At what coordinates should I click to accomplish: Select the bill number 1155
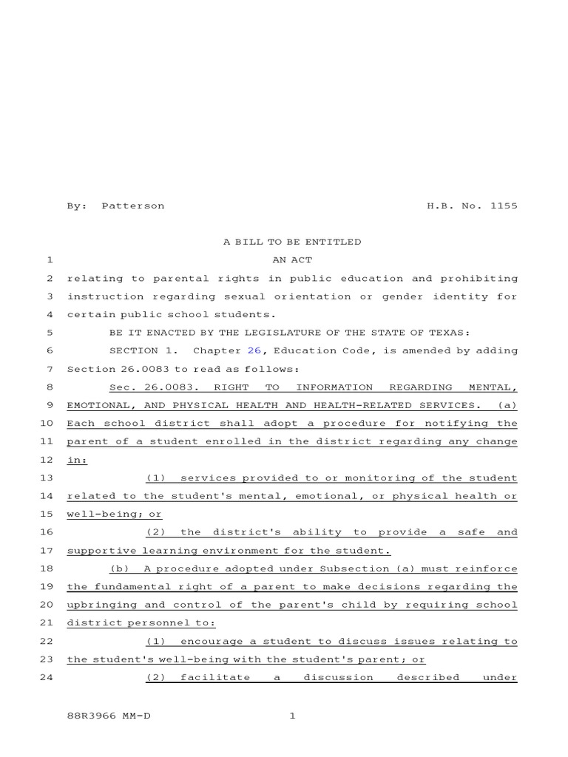504,206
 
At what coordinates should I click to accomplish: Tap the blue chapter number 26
254,350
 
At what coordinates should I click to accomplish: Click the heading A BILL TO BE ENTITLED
292,242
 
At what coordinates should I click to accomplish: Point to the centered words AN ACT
292,260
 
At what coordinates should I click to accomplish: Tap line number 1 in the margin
50,260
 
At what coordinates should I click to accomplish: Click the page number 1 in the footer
292,716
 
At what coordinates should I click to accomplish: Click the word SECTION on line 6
134,350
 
